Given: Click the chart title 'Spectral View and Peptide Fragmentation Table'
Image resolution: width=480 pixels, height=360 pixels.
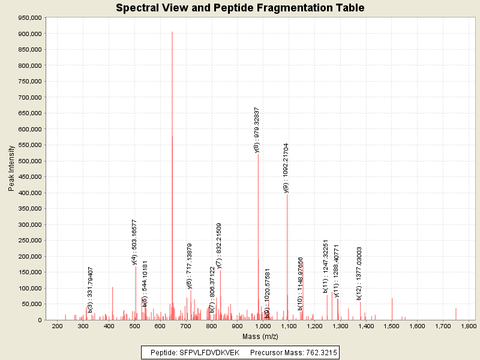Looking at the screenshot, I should [240, 8].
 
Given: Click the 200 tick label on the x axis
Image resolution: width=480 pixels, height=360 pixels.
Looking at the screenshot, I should [58, 326].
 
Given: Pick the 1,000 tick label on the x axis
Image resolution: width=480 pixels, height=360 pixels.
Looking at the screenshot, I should [263, 326].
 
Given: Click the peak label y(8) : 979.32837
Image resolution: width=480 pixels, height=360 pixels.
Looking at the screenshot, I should [257, 130].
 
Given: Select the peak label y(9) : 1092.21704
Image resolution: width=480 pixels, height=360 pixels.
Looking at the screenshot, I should [286, 168].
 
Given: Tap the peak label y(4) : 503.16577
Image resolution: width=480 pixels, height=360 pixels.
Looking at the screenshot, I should [134, 242].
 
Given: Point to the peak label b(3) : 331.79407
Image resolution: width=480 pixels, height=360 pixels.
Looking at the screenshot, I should [90, 290].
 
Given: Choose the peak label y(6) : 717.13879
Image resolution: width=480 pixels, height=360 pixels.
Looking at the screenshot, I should [190, 266].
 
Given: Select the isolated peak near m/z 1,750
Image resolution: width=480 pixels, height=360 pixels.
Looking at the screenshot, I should [456, 314].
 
